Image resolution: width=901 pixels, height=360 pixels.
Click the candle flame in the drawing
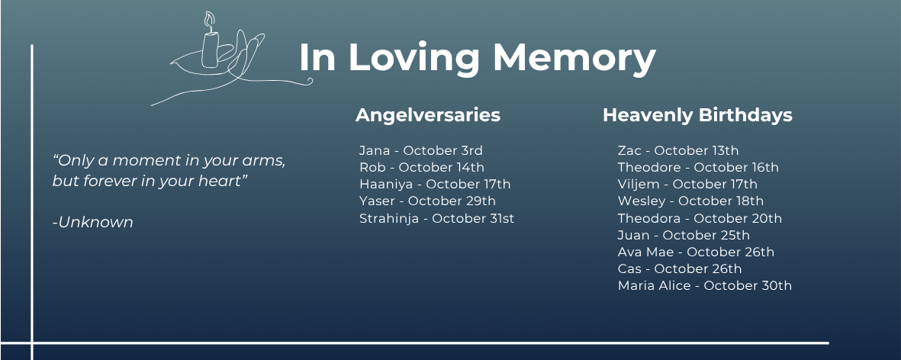[x=209, y=20]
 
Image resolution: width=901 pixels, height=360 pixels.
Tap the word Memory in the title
[x=574, y=58]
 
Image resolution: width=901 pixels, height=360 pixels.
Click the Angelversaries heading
[x=427, y=115]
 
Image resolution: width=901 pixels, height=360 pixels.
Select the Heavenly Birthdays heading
[x=697, y=115]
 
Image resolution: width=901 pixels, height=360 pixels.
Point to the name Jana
[x=375, y=150]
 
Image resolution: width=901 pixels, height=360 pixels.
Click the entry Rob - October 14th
[x=422, y=167]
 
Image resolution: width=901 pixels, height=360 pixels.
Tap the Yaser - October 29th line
[x=427, y=201]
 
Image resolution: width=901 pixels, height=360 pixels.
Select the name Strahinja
[x=389, y=218]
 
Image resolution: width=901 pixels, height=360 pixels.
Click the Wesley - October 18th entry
[x=690, y=201]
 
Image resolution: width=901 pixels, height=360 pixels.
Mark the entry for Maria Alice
[x=704, y=285]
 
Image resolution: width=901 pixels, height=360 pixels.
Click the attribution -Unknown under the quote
[x=92, y=222]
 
